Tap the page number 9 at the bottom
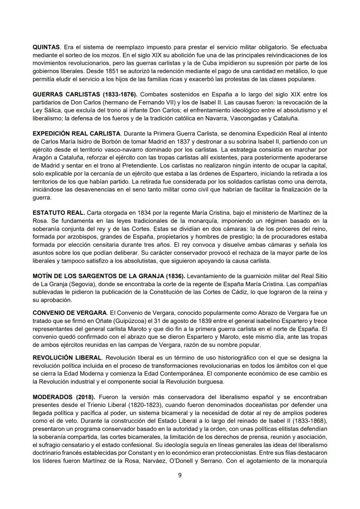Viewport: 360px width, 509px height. click(180, 475)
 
